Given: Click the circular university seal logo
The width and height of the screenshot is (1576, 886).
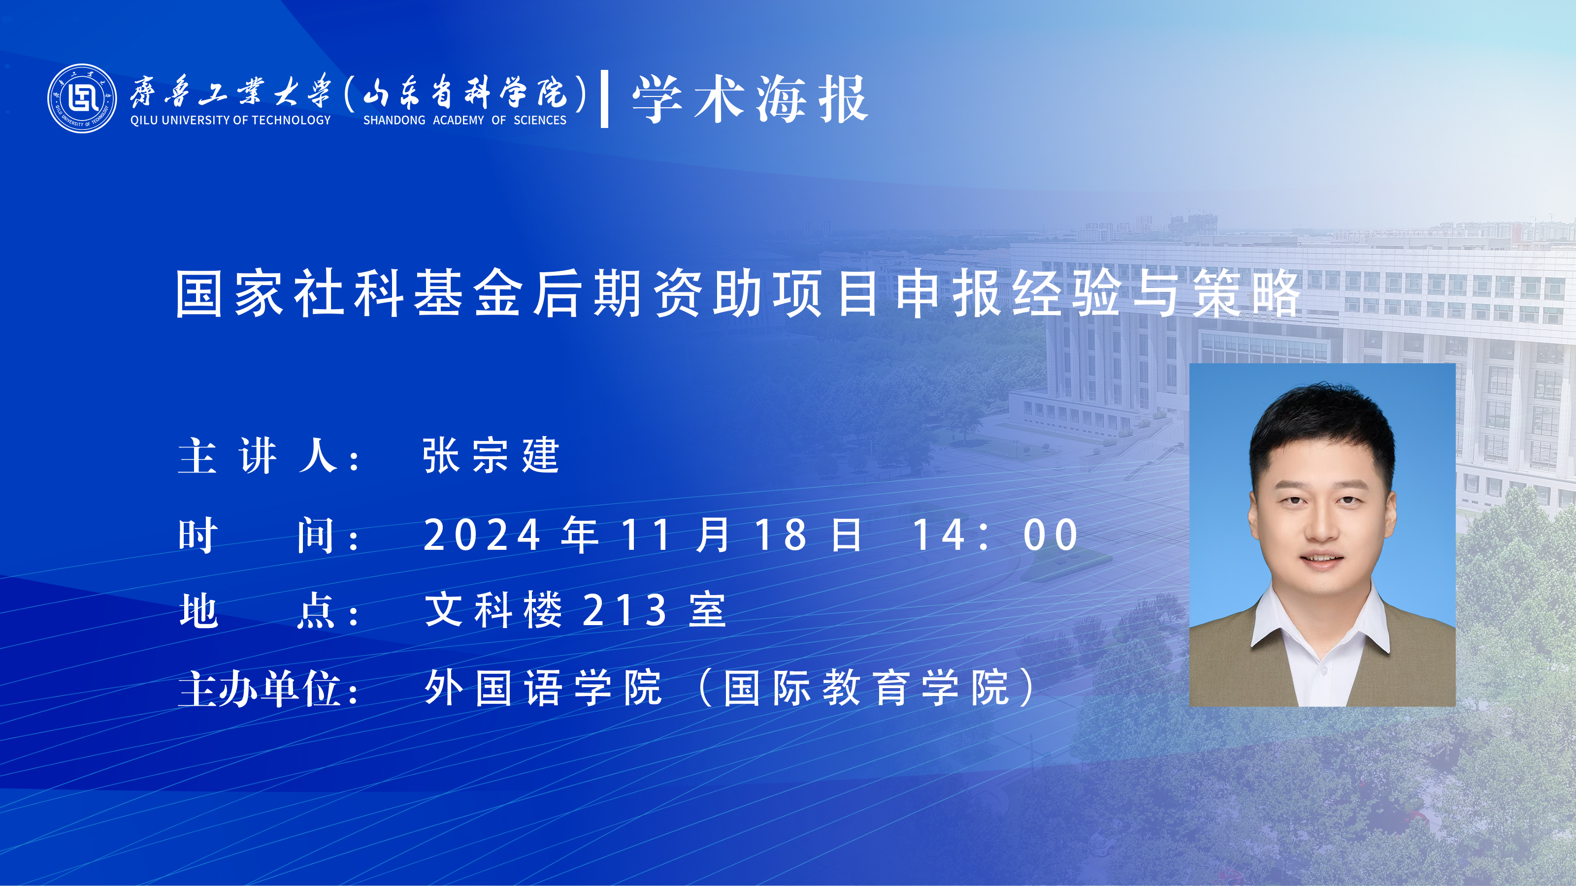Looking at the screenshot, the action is (82, 98).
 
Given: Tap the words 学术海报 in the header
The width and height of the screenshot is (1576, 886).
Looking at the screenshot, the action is (750, 99).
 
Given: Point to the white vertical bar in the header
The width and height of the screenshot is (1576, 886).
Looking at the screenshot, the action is (604, 99).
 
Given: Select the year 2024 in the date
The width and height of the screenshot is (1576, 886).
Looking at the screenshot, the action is (482, 535).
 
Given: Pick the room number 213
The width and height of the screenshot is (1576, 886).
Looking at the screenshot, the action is (624, 610).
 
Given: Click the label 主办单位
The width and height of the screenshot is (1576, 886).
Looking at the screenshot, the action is (260, 689).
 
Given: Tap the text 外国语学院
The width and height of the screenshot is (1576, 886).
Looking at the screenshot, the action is (543, 688).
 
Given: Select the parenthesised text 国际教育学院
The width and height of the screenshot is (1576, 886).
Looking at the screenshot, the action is (866, 688).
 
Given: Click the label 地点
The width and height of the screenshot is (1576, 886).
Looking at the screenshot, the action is (258, 610).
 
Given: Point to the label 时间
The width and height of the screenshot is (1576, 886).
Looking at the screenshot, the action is (258, 535).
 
